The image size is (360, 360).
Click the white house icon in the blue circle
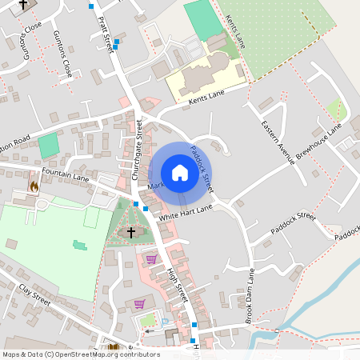pos(180,172)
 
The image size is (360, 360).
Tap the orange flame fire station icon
pos(34,186)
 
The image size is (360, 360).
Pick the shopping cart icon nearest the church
pos(150,259)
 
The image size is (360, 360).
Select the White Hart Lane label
pos(186,212)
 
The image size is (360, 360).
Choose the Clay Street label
pos(34,293)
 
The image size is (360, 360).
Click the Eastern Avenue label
pos(278,142)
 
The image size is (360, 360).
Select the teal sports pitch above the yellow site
pos(203,22)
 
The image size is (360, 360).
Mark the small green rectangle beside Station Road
pos(48,146)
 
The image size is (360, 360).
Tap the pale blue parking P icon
pos(166,322)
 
